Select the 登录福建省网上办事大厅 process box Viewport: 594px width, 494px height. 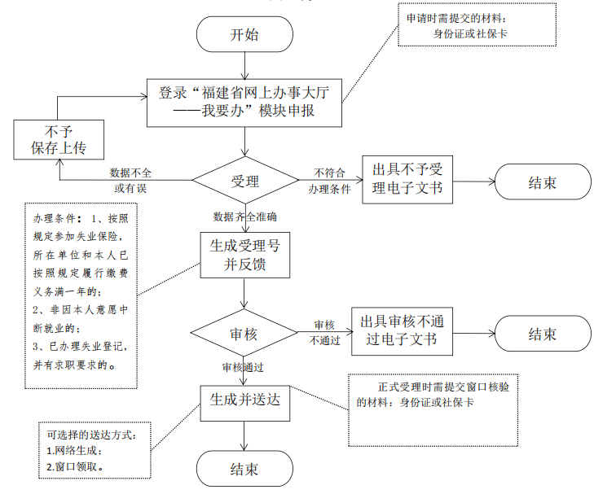point(244,103)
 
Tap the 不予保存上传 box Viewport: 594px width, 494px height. point(58,139)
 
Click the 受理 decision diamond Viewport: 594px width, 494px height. point(244,180)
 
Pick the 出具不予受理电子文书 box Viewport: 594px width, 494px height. point(407,179)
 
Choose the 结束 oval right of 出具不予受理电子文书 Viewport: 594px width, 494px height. point(542,183)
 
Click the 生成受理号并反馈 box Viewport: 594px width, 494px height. point(244,255)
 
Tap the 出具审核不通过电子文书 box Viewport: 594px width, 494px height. point(402,330)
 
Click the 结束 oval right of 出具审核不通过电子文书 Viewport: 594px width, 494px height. point(542,334)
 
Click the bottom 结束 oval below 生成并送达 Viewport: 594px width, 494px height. point(244,469)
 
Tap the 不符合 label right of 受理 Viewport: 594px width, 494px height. point(329,173)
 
